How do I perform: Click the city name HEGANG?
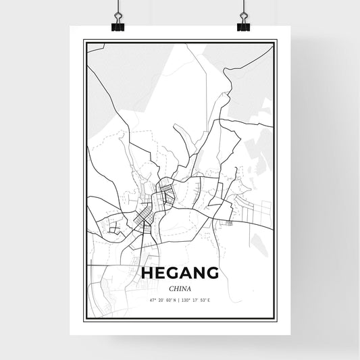click(180, 273)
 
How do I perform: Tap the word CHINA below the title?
click(180, 288)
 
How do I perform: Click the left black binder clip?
click(118, 26)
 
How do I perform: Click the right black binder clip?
click(243, 26)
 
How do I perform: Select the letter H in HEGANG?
click(147, 273)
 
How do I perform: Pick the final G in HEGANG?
click(212, 273)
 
